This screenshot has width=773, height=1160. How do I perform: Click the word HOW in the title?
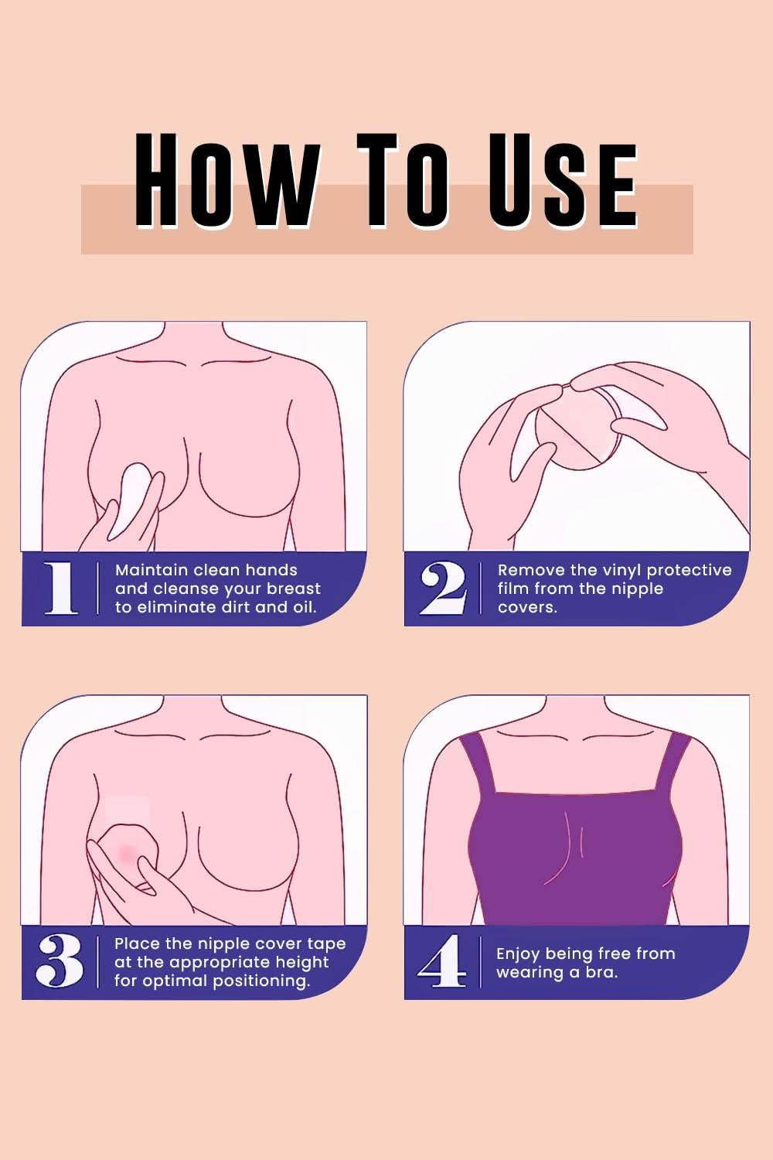click(226, 180)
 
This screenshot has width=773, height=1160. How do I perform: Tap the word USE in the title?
click(563, 180)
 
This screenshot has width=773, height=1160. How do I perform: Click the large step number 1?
click(60, 589)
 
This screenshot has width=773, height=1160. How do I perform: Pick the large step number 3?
click(59, 961)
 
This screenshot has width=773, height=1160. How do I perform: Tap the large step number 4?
click(441, 961)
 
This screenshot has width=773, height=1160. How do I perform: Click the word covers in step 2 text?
click(527, 607)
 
